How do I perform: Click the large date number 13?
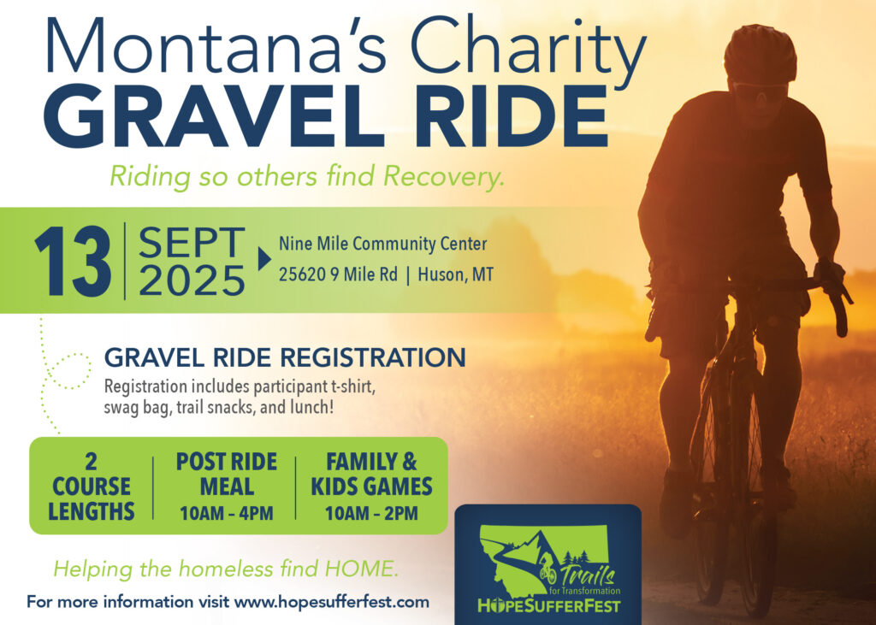pos(73,261)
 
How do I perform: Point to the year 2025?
pos(192,280)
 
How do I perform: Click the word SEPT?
pos(192,243)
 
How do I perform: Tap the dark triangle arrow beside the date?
pos(264,259)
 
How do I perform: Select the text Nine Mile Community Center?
pos(382,244)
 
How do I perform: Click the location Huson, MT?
pos(455,274)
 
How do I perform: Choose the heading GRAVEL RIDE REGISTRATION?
pos(285,357)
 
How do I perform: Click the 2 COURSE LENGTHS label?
pos(91,486)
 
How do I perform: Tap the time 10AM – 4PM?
pos(226,513)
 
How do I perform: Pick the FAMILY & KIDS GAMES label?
pos(371,475)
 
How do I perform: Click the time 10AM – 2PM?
pos(371,513)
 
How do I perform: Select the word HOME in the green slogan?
pos(361,569)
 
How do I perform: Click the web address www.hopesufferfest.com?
pos(332,602)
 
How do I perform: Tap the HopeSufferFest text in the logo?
pos(548,605)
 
